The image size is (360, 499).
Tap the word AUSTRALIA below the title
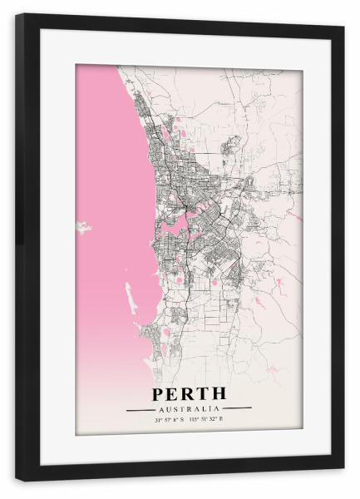[189, 409]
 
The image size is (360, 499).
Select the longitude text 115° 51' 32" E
[210, 421]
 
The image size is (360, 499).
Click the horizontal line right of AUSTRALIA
[238, 409]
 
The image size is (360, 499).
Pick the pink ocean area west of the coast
[108, 166]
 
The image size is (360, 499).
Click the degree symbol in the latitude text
[160, 419]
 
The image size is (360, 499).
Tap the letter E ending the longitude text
[223, 421]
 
